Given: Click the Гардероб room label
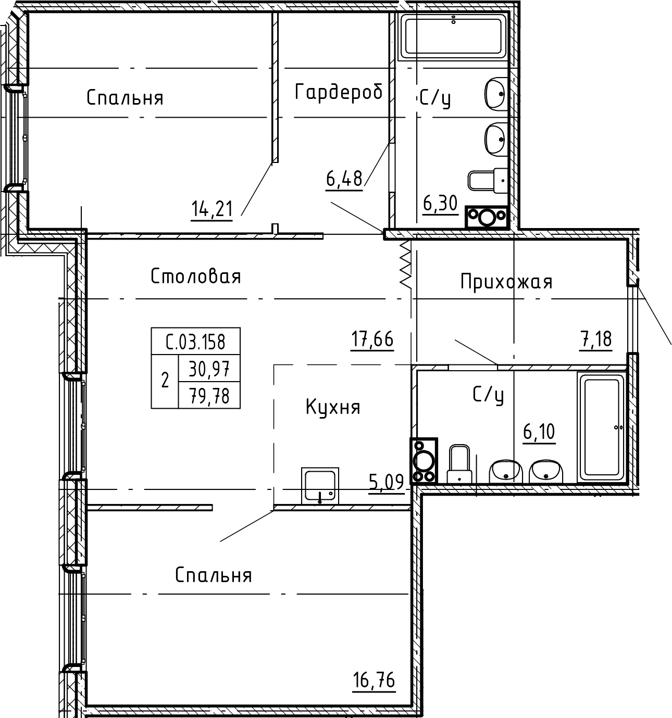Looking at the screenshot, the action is point(339,92).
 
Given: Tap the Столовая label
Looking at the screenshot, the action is point(196,276).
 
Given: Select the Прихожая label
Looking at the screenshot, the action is point(506,282).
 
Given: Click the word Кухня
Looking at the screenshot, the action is point(332,407).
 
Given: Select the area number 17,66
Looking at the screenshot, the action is point(372,340).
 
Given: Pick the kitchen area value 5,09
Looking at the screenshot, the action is point(386,482).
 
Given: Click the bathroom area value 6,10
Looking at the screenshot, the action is point(539,432).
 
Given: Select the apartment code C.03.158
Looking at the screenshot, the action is point(195,342).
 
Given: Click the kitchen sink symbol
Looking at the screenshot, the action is point(320,486).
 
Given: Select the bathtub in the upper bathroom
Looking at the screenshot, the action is point(453,35).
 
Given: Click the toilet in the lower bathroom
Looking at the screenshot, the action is point(459,463).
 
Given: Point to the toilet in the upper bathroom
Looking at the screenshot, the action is point(488,180).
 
